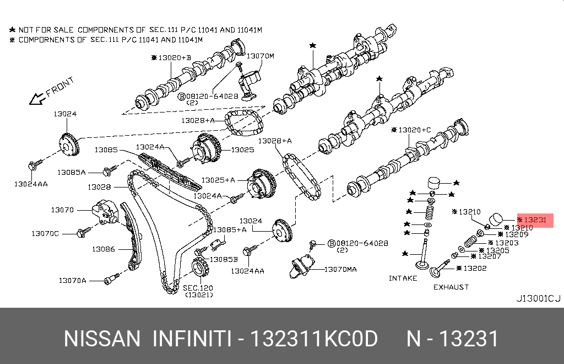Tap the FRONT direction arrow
[37, 99]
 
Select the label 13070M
[259, 56]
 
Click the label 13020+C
[414, 130]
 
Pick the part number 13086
[103, 249]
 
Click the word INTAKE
[403, 278]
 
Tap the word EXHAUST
[451, 287]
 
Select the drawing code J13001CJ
[538, 299]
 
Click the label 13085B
[223, 259]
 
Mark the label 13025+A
[218, 180]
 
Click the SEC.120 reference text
[198, 288]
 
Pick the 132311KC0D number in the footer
[314, 339]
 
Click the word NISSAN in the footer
[102, 339]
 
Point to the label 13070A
[72, 280]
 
